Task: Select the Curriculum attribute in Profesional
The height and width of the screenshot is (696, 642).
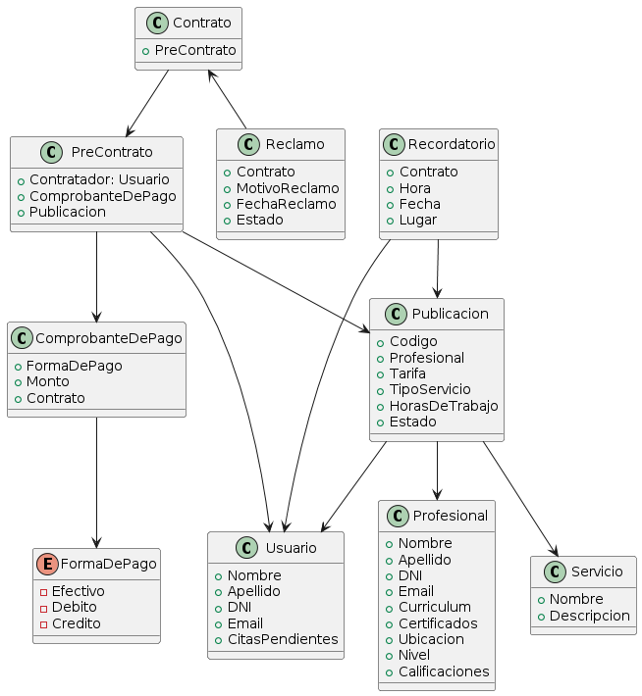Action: pos(434,607)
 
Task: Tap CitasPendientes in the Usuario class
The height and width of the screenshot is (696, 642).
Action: pos(282,639)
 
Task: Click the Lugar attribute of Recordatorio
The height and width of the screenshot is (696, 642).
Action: pos(418,220)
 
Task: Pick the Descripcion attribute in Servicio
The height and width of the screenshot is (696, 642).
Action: pos(589,616)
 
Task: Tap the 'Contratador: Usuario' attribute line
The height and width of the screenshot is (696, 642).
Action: pos(99,180)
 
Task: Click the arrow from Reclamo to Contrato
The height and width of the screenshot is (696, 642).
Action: pos(228,99)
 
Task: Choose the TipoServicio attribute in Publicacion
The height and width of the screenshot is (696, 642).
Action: pos(430,389)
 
